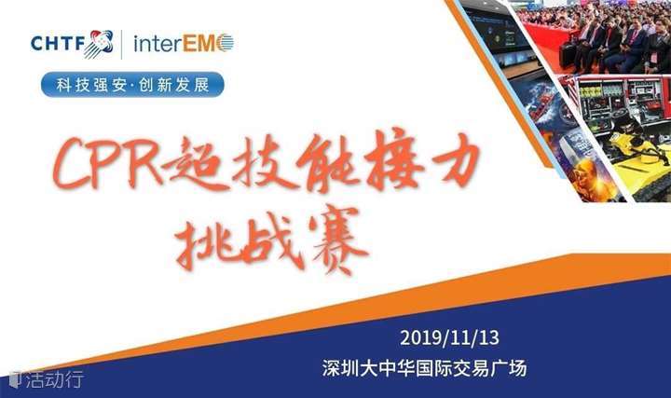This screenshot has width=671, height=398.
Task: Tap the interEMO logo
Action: [184, 43]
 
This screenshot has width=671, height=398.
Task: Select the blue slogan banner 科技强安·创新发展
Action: [132, 84]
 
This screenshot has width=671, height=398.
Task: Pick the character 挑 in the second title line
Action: [204, 242]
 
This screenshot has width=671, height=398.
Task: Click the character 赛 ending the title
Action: [338, 240]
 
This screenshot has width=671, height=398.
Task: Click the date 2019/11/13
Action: [449, 338]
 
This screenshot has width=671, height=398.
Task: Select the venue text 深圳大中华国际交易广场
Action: [425, 368]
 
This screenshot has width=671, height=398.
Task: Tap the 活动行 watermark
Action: [48, 379]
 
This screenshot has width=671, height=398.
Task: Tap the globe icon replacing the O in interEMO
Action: [226, 43]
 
